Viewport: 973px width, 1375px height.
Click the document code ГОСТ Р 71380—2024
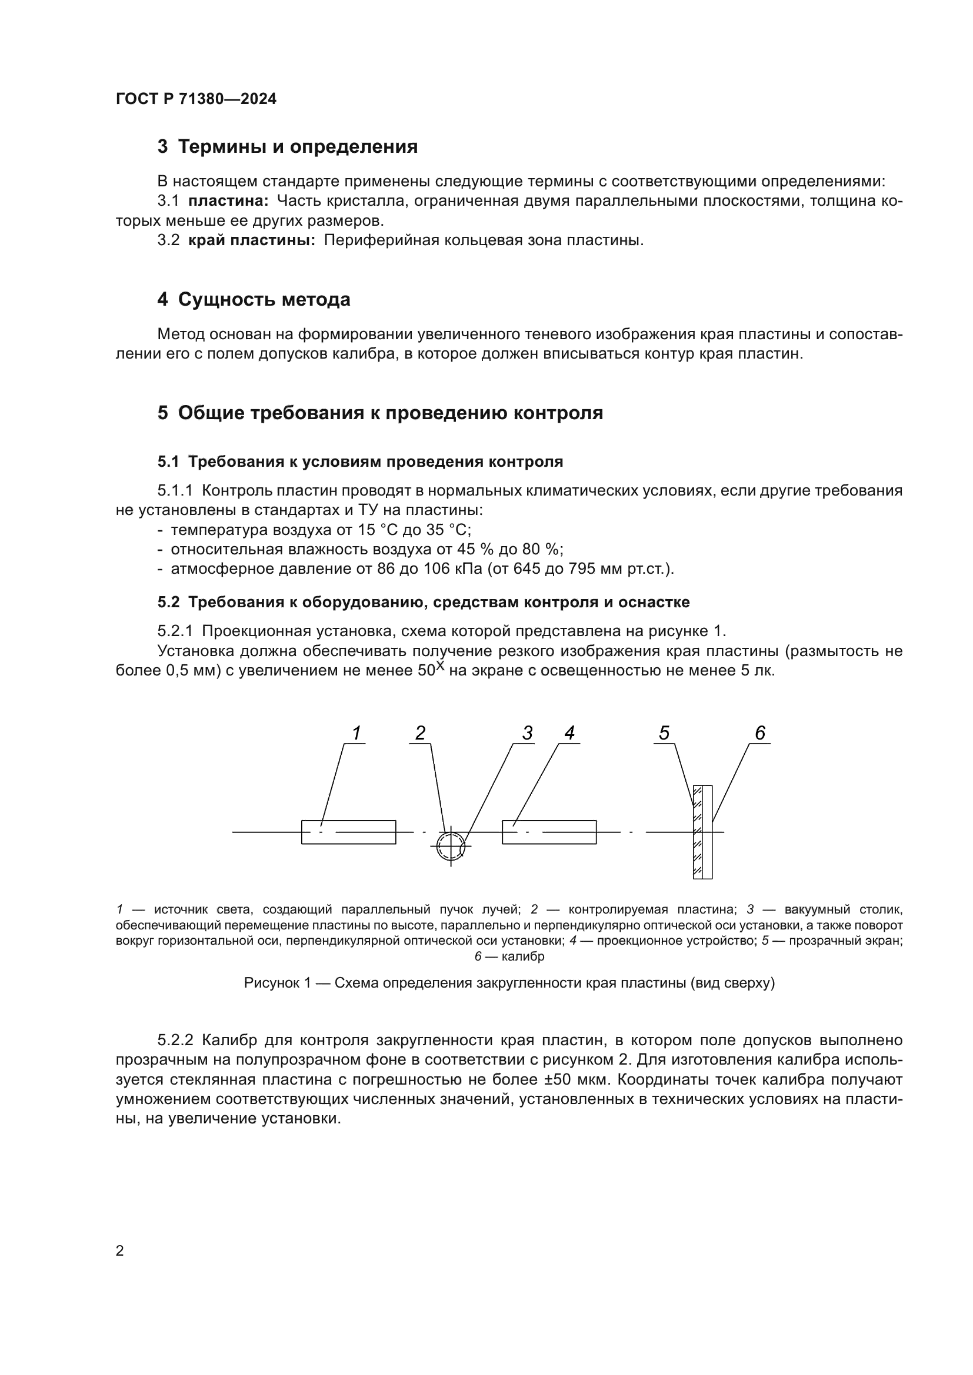196,99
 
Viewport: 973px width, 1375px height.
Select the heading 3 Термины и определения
288,147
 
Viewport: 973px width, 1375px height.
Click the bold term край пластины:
252,240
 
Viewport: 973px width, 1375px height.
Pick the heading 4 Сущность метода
254,299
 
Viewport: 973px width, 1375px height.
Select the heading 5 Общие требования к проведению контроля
380,413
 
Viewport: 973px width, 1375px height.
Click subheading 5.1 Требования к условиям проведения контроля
360,461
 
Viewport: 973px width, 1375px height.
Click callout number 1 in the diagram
356,734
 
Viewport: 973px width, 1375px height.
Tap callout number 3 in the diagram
527,734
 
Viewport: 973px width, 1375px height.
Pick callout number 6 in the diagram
759,734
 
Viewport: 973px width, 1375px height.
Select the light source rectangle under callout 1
348,832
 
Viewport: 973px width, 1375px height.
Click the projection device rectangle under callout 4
549,832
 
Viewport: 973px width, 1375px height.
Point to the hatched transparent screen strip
698,832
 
